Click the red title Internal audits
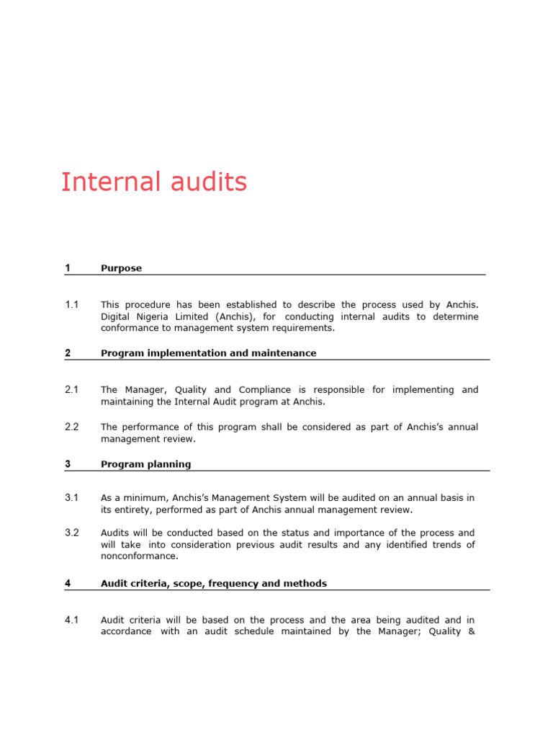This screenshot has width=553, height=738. [x=154, y=182]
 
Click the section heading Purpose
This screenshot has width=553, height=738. [x=121, y=268]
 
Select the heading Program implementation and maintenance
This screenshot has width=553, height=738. [x=208, y=353]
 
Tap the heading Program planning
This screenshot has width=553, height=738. [x=145, y=464]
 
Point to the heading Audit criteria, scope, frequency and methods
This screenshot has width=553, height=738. [x=213, y=584]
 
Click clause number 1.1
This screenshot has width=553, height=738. [x=71, y=305]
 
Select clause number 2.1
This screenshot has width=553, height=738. [x=71, y=390]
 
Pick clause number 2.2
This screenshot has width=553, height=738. [x=71, y=427]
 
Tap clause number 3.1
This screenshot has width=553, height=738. [x=71, y=498]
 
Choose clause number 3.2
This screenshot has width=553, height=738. [x=71, y=533]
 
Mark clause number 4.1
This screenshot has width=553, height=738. [x=71, y=620]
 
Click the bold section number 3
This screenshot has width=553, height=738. [x=68, y=464]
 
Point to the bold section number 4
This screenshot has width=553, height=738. [x=68, y=584]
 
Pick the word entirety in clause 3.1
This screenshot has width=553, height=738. [x=135, y=510]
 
